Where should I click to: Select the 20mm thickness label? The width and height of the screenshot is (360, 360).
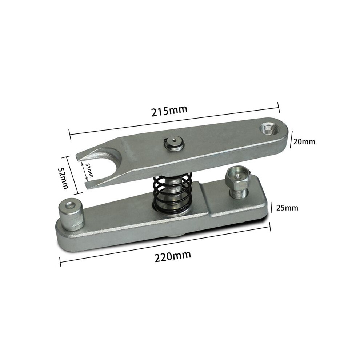304,142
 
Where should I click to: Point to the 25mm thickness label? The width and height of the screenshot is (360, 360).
287,208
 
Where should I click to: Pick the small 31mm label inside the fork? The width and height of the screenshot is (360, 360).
89,170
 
